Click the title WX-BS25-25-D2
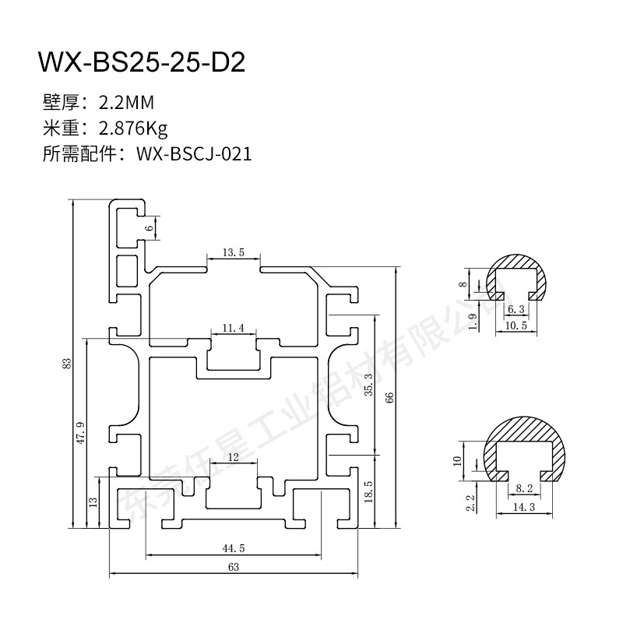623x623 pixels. [x=142, y=62]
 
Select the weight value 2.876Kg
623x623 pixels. [x=133, y=127]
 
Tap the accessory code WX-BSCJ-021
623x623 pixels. [x=194, y=153]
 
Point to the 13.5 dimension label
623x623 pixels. [x=234, y=252]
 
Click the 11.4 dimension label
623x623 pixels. [x=234, y=329]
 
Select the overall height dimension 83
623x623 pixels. [x=68, y=363]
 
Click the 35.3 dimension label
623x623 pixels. [x=368, y=385]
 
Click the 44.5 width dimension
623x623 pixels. [x=233, y=548]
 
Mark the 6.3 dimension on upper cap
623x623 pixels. [x=516, y=309]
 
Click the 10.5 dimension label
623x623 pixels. [x=516, y=325]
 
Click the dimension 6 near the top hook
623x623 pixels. [x=151, y=227]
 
